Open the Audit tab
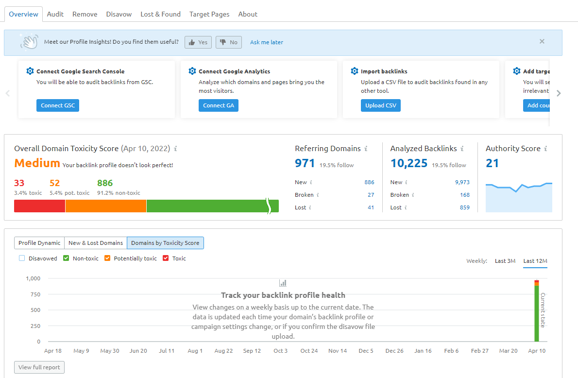click(55, 14)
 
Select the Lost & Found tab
click(160, 14)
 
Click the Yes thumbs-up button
click(198, 42)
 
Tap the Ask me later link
click(267, 42)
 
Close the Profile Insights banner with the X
click(542, 41)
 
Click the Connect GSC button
click(57, 105)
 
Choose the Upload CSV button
click(380, 105)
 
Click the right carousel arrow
click(559, 93)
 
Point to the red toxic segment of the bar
click(39, 206)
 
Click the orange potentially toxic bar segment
click(106, 206)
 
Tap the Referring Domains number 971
click(305, 163)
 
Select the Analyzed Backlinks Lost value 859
click(464, 207)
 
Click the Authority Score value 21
click(492, 163)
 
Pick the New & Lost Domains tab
click(96, 243)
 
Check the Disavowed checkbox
click(22, 258)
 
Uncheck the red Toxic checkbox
click(166, 258)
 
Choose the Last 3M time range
click(505, 261)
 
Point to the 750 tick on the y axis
click(35, 294)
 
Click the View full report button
click(39, 367)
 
